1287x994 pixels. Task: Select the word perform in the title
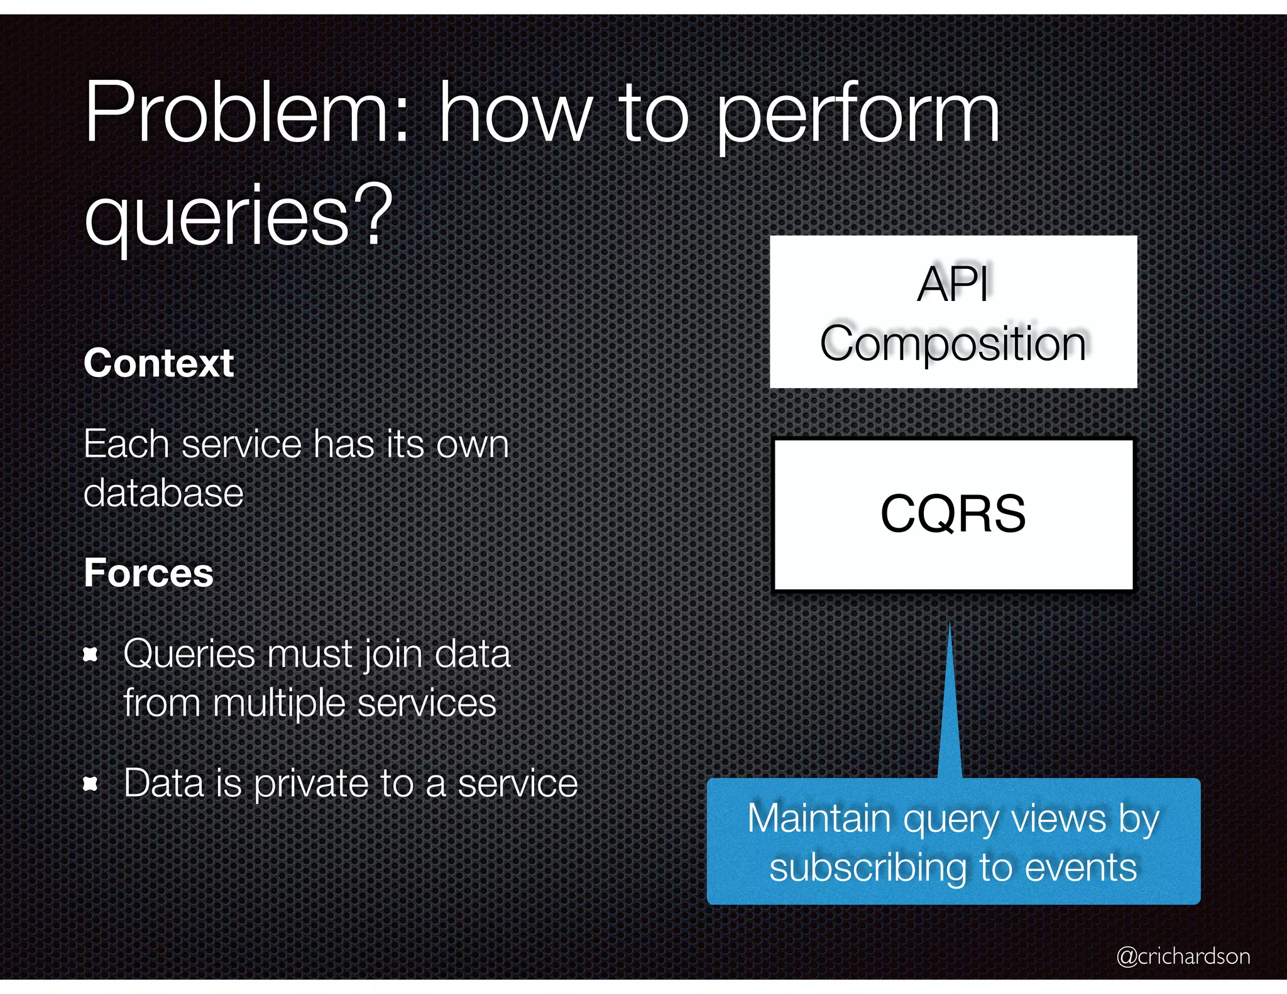tap(858, 116)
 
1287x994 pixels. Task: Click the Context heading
tap(158, 363)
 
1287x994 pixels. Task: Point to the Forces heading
tap(149, 573)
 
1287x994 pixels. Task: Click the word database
tap(163, 493)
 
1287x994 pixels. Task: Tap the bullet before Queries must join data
tap(91, 655)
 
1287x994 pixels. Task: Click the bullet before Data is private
tap(91, 784)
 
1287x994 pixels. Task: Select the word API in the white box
tap(953, 284)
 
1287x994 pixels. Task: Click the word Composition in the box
tap(953, 344)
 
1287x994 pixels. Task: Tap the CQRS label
tap(953, 514)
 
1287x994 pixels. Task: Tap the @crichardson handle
tap(1183, 956)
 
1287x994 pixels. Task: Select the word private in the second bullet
tap(311, 784)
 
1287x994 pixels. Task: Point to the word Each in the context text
tap(126, 444)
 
